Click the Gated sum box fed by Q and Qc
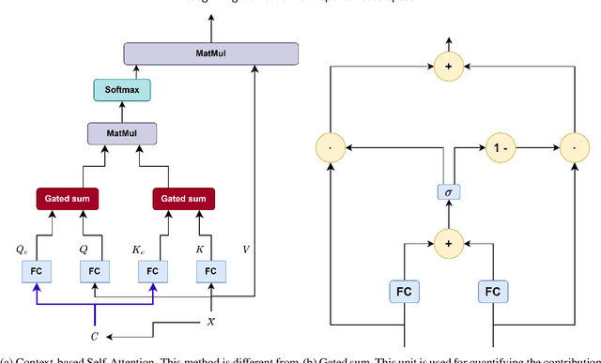[x=67, y=199]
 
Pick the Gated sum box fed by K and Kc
[x=183, y=199]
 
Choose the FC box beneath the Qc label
[x=37, y=271]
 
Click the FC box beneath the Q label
[x=94, y=271]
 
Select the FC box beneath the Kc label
[x=153, y=271]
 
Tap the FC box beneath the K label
[x=211, y=271]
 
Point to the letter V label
[x=246, y=250]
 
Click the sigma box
[x=450, y=192]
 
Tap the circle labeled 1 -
[x=499, y=147]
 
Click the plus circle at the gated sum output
[x=450, y=66]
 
